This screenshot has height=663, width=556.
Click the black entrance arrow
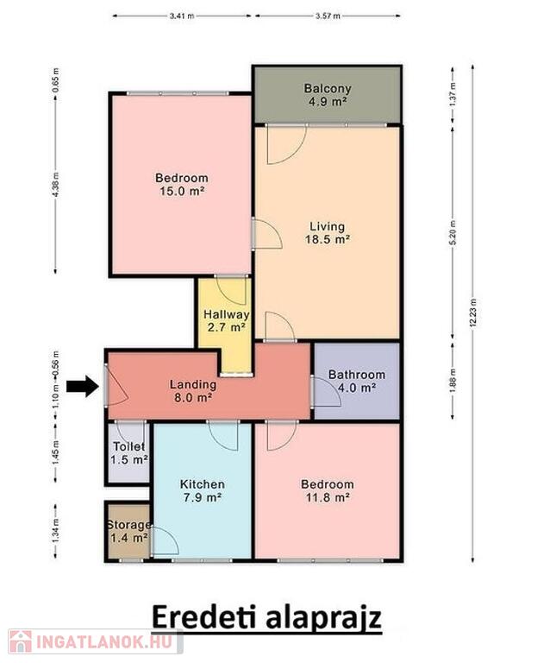point(83,386)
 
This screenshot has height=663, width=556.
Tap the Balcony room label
point(328,88)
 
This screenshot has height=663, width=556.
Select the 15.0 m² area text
point(182,191)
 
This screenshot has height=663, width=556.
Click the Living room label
point(328,227)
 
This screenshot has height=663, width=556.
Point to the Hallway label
point(227,314)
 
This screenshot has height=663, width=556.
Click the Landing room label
point(193,384)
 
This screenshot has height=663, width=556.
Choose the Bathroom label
point(357,375)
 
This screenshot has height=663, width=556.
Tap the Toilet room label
point(129,446)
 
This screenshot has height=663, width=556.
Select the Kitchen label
point(203,484)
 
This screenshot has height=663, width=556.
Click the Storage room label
point(128,525)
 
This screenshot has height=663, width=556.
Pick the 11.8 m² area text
point(328,497)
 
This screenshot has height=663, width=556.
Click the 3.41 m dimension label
point(182,16)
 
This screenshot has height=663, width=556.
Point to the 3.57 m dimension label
point(328,16)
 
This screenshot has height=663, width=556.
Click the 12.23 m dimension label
point(473,313)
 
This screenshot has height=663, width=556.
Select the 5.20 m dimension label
point(453,233)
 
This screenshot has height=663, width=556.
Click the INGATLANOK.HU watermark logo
point(96,641)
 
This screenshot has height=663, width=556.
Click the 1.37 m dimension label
point(453,94)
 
